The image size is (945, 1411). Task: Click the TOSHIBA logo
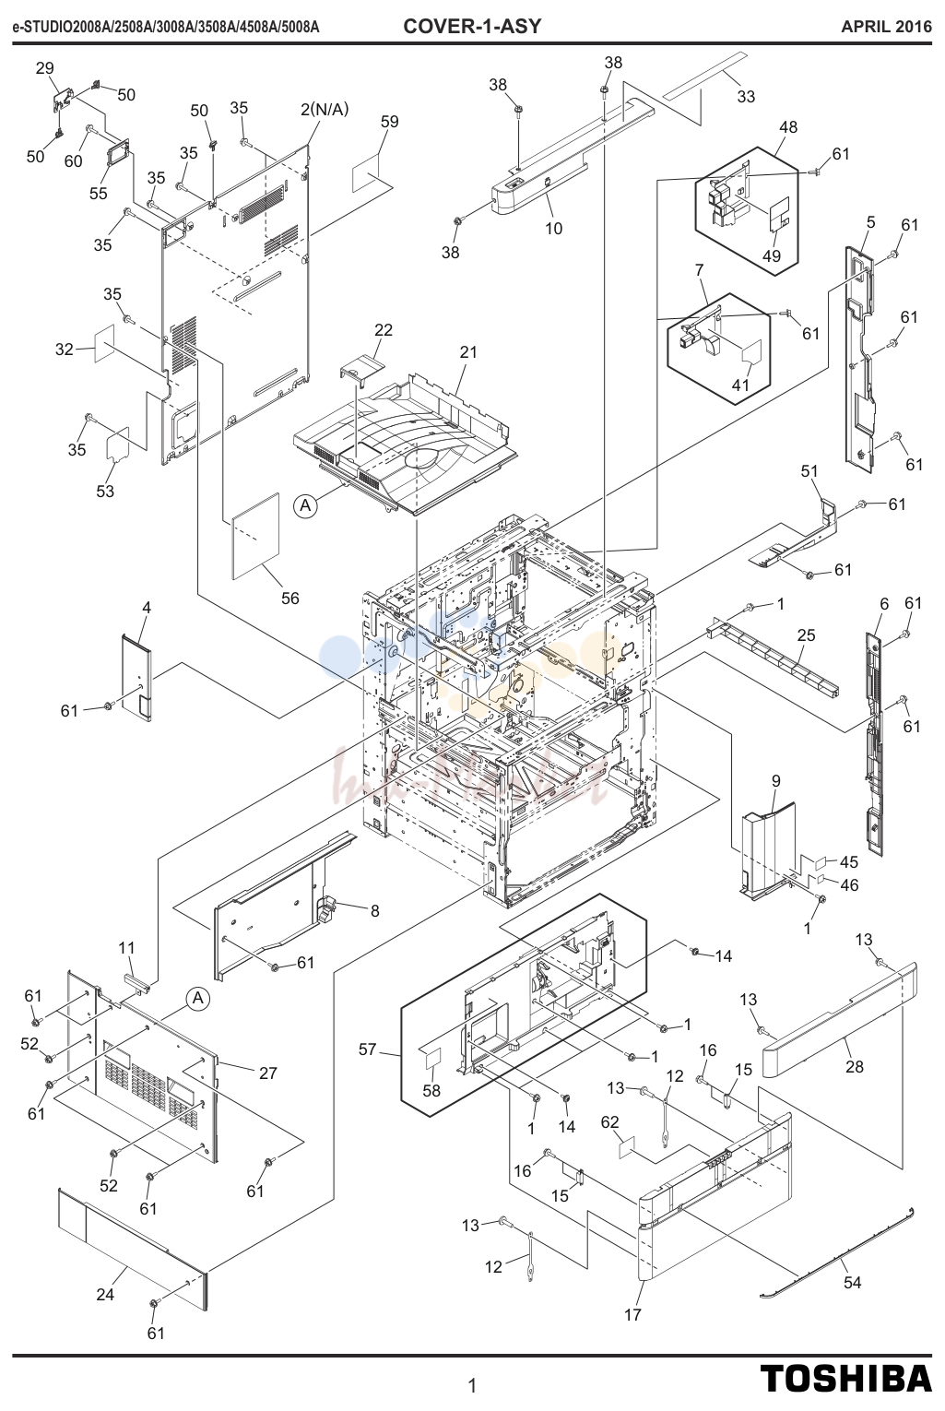(x=845, y=1377)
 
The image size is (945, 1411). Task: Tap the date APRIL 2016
(x=886, y=27)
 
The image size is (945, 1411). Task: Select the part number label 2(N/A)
(x=325, y=110)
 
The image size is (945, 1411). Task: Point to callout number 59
(x=390, y=122)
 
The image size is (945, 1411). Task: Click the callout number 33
(x=746, y=97)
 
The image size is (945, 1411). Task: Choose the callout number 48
(x=788, y=126)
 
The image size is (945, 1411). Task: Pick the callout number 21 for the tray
(x=468, y=352)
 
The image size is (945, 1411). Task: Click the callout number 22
(x=384, y=330)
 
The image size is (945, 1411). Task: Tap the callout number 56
(x=290, y=598)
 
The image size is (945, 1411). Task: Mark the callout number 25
(x=807, y=635)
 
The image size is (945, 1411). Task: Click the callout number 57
(x=368, y=1049)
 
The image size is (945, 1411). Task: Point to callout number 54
(x=852, y=1283)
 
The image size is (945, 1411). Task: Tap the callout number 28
(x=855, y=1066)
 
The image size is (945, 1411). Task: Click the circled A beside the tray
(x=305, y=505)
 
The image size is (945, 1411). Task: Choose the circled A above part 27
(x=198, y=999)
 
